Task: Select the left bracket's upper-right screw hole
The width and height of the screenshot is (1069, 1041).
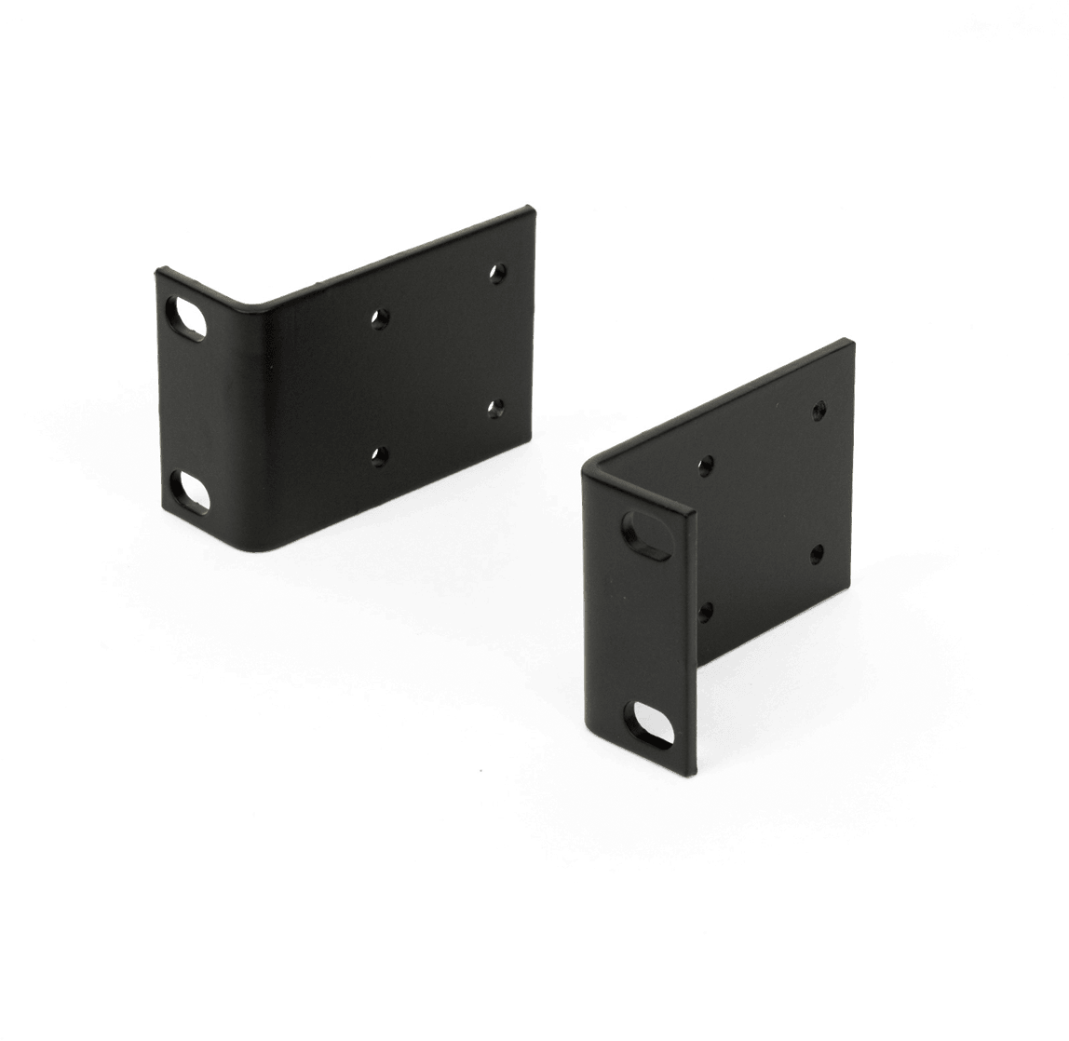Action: [x=498, y=273]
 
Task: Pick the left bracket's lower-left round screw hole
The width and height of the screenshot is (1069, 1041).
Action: [x=378, y=454]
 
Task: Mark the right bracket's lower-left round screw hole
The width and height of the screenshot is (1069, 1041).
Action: [x=707, y=610]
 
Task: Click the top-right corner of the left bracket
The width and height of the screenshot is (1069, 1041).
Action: [x=533, y=207]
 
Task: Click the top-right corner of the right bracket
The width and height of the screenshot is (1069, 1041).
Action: [x=851, y=343]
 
